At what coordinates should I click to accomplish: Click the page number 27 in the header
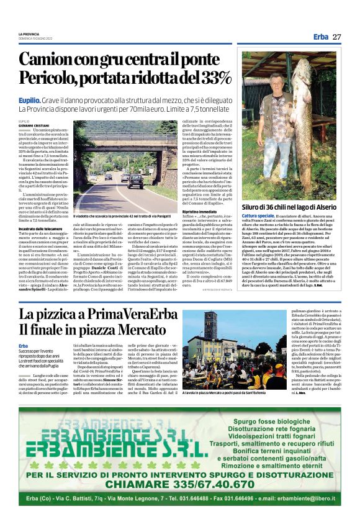click(x=336, y=37)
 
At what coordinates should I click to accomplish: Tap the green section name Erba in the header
click(x=321, y=37)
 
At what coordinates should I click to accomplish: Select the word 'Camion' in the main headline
click(x=52, y=60)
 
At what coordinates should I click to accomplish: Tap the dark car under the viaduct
click(x=135, y=181)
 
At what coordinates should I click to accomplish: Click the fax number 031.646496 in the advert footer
click(x=232, y=498)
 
